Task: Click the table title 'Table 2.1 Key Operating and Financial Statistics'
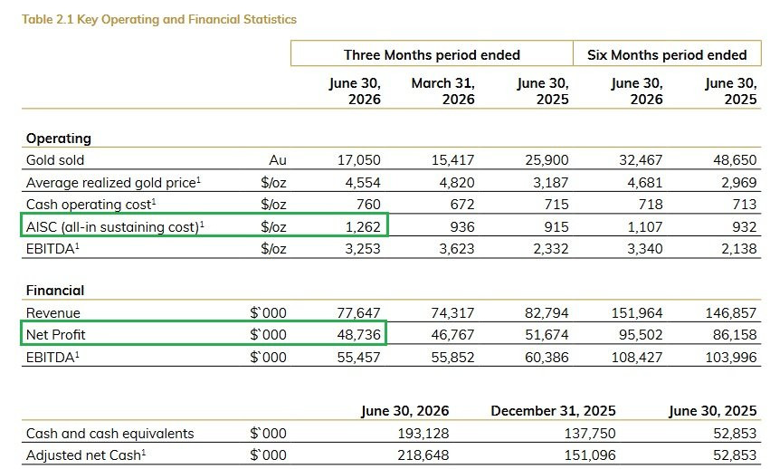[x=159, y=19]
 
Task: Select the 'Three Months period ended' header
[x=432, y=54]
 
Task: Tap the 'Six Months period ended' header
[x=667, y=54]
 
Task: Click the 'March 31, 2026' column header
[x=443, y=91]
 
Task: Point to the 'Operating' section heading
[x=59, y=139]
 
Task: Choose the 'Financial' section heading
[x=55, y=291]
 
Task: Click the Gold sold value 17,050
[x=359, y=159]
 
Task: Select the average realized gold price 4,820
[x=457, y=182]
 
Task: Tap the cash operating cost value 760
[x=368, y=204]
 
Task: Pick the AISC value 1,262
[x=363, y=226]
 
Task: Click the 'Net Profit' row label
[x=55, y=335]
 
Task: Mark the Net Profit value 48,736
[x=358, y=335]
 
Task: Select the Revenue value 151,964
[x=637, y=312]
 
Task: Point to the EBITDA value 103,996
[x=731, y=357]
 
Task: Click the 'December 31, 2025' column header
[x=553, y=410]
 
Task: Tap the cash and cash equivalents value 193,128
[x=423, y=433]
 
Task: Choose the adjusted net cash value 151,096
[x=590, y=455]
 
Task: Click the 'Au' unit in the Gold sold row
[x=278, y=159]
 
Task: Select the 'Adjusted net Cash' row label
[x=86, y=455]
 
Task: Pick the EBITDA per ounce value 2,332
[x=551, y=249]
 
